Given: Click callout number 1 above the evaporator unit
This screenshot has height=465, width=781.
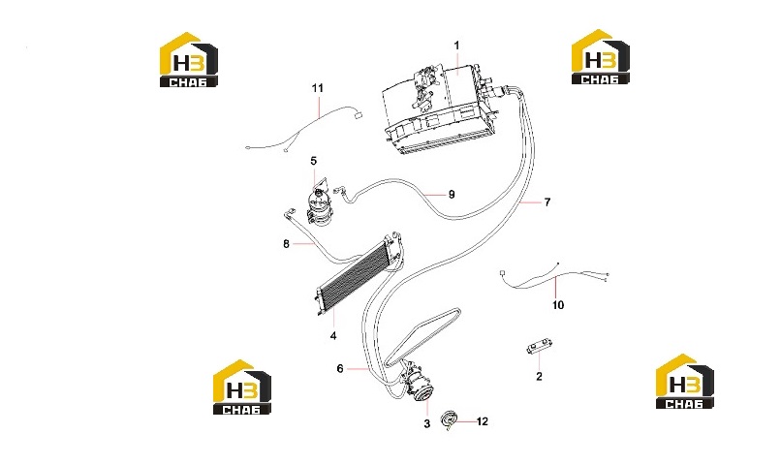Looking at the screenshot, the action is point(456,46).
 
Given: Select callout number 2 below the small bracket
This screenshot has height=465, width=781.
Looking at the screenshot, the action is point(539,377).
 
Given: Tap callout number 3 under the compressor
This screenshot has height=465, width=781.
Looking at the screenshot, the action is point(427,424).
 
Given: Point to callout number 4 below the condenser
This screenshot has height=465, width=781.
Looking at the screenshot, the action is point(333,336).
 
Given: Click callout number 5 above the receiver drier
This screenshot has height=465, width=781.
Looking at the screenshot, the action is point(313,161).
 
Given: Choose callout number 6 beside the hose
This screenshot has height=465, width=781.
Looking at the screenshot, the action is point(340,369).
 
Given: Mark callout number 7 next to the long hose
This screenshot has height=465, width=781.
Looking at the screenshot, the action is point(547,202).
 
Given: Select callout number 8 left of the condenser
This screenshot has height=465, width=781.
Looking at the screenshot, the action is point(286,244).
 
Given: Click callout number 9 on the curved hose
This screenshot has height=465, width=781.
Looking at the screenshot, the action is point(452,194).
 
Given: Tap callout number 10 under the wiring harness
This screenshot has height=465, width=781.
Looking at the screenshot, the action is point(558,305).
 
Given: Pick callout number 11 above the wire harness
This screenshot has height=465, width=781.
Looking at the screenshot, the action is point(317,88).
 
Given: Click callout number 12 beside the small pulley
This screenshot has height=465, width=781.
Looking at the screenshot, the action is point(483,421).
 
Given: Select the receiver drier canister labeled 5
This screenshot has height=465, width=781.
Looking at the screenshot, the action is point(318,206).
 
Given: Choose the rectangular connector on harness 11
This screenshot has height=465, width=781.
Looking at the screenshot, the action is point(357,115).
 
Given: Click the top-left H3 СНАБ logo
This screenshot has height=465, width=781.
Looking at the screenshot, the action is point(189,60).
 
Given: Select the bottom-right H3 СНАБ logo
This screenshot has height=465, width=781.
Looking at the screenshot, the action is point(684,382).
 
